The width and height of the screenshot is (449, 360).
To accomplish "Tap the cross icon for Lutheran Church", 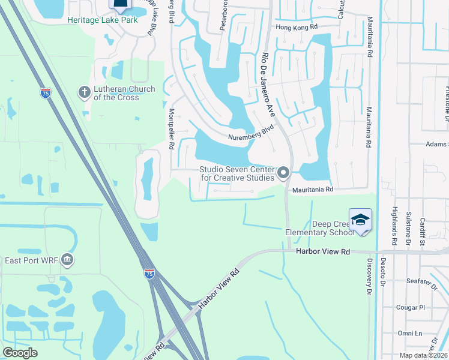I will [84, 93].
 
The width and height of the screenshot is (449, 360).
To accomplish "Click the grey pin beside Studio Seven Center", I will [284, 173].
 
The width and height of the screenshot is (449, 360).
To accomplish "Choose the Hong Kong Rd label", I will [296, 28].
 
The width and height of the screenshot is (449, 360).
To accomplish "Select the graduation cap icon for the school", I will [360, 220].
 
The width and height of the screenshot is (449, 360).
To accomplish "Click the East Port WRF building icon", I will [67, 260].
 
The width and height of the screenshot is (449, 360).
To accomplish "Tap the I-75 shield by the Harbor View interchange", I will [149, 273].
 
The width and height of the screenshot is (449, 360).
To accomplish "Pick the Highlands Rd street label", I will [394, 226].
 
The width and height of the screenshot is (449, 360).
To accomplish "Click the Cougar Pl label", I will [410, 307].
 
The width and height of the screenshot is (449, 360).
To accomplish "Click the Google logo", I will [20, 352].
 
